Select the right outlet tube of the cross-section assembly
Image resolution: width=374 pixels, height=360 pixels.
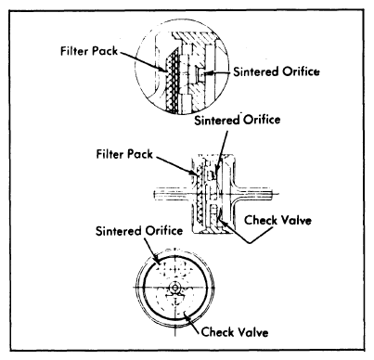click(x=264, y=196)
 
